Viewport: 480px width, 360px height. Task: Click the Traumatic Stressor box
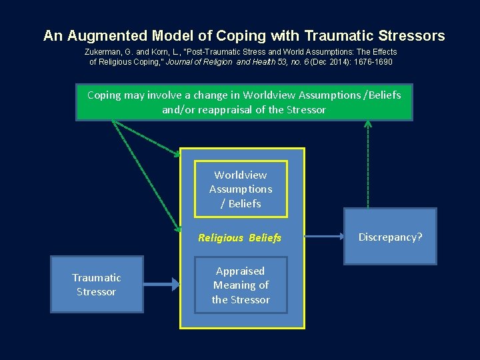point(97,285)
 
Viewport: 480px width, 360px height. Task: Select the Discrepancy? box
point(390,237)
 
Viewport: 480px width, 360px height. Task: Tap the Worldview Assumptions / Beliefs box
point(241,189)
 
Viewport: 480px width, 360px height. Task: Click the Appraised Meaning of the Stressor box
point(241,285)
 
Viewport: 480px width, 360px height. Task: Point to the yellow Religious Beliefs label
point(240,237)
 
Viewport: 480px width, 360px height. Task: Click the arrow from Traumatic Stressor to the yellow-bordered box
point(162,285)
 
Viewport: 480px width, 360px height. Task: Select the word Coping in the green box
point(103,95)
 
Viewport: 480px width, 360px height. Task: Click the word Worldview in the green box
point(268,95)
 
